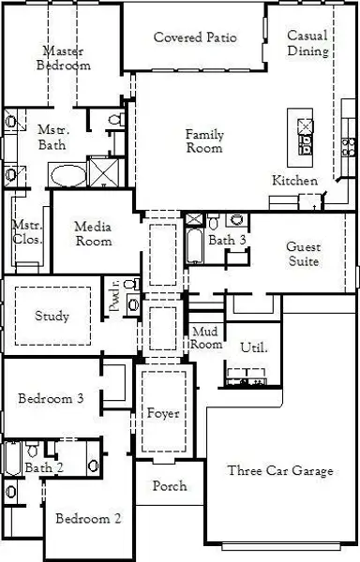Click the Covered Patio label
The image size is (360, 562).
(195, 37)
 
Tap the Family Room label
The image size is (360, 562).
(204, 140)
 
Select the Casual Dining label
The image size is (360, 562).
(307, 43)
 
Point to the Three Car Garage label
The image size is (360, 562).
(280, 470)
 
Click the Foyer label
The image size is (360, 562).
(163, 413)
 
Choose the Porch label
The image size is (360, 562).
(170, 486)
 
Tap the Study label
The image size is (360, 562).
(52, 317)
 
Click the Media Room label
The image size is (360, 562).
(93, 233)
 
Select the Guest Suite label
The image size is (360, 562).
(304, 254)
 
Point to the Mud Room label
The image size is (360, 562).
(206, 337)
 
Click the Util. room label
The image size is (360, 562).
(253, 348)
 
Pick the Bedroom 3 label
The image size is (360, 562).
(51, 398)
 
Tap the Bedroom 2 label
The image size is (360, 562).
(88, 519)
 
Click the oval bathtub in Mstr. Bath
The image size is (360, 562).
(68, 176)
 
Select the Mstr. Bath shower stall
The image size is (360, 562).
(104, 172)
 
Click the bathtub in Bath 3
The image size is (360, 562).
(194, 245)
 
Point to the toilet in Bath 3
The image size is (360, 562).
(214, 222)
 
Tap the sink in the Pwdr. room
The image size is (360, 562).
(133, 305)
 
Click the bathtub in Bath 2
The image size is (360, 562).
(12, 458)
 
